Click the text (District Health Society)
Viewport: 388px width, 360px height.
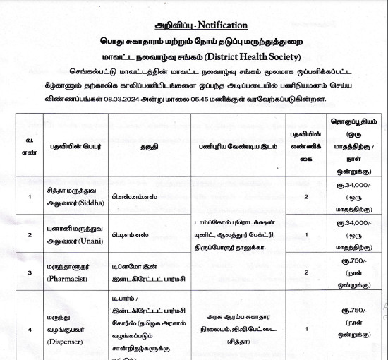pos(241,56)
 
